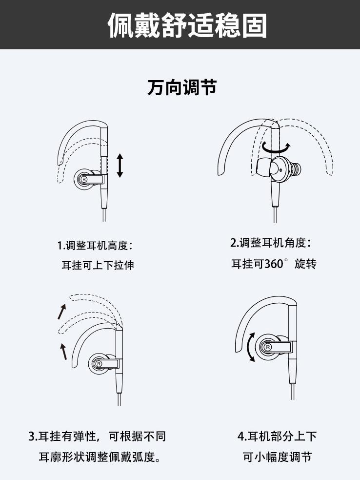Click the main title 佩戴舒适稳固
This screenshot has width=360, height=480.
tap(187, 24)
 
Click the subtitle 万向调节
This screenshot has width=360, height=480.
tap(181, 87)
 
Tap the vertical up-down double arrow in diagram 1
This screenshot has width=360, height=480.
tap(120, 166)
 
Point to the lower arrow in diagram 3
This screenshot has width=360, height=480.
tap(63, 350)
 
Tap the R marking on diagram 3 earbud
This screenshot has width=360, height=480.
tap(99, 364)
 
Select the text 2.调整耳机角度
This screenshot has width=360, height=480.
tap(270, 243)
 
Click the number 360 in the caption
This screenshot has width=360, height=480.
tap(274, 264)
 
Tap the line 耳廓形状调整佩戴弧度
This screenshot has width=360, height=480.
tap(100, 457)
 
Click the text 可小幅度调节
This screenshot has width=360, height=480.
tap(277, 457)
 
